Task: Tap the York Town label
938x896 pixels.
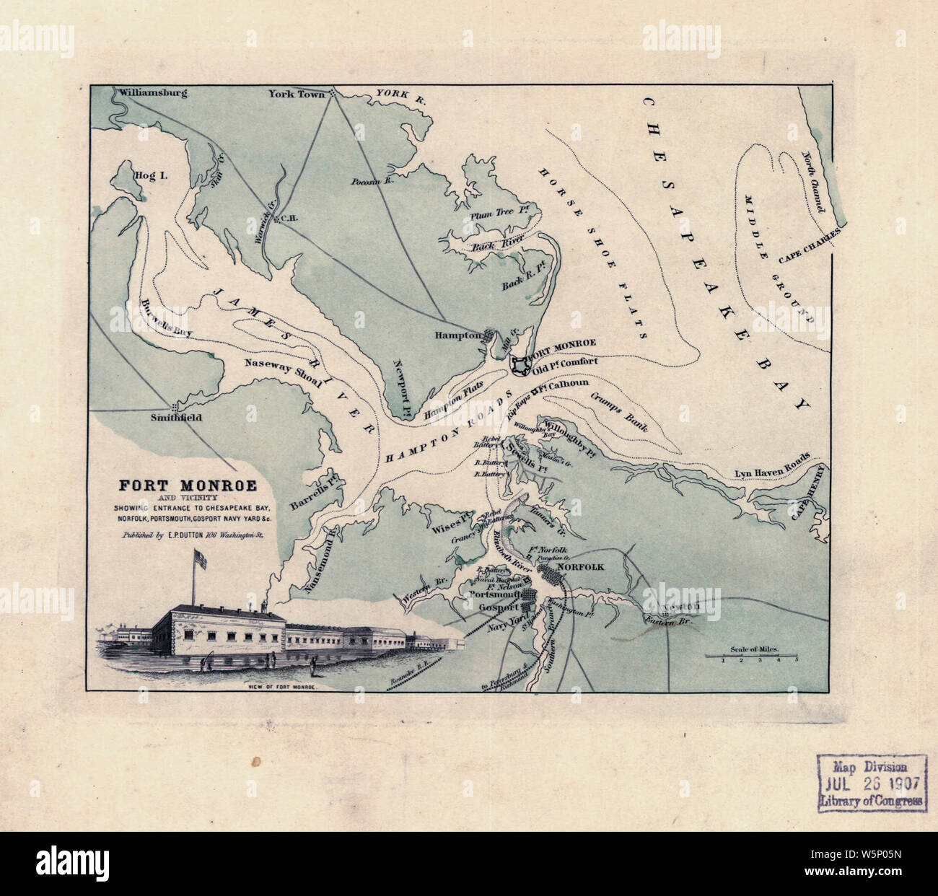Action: coord(292,94)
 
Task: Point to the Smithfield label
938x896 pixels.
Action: coord(176,418)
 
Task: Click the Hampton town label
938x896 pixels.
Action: coord(457,335)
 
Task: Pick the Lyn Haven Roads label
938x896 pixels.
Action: coord(771,467)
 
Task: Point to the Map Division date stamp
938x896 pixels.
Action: coord(871,783)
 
